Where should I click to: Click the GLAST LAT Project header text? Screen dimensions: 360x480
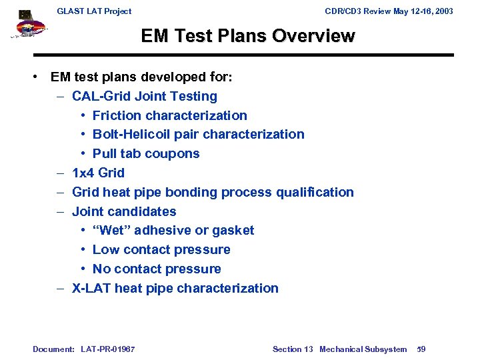click(x=94, y=11)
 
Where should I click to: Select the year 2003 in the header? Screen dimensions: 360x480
click(x=443, y=11)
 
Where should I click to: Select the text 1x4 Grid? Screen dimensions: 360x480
click(x=98, y=173)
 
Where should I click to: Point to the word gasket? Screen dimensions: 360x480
click(x=233, y=231)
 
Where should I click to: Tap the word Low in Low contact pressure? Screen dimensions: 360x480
click(x=105, y=250)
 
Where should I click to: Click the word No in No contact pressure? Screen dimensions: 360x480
click(x=102, y=269)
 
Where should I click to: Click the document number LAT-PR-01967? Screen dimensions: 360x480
click(x=108, y=349)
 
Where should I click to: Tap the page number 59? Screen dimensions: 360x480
click(x=421, y=349)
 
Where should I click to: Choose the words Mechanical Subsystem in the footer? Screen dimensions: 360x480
click(x=363, y=349)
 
